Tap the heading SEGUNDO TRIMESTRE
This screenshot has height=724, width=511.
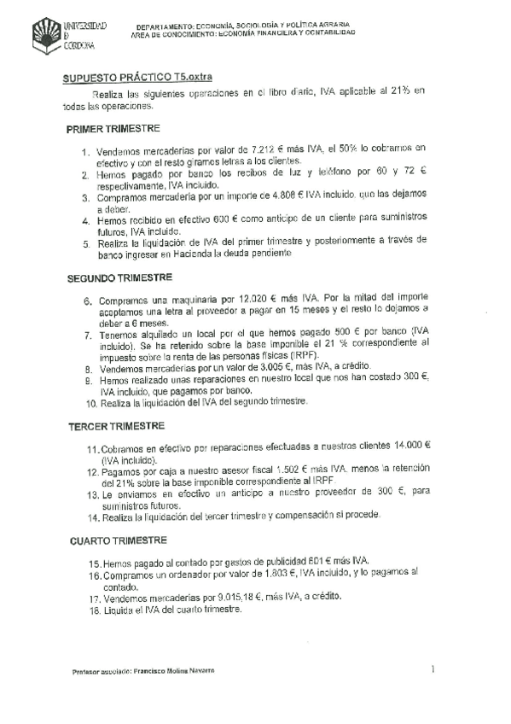120,278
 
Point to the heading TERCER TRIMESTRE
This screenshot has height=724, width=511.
117,425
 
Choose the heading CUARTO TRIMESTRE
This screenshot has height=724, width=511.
118,541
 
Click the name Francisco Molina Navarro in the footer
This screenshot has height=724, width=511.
171,671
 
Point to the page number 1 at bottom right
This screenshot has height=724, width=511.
433,669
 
